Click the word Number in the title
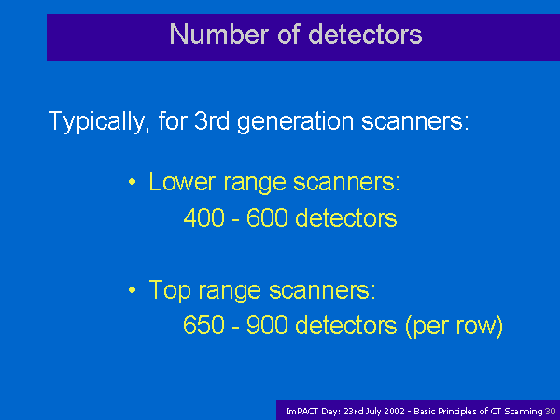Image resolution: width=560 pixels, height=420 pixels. pos(218,35)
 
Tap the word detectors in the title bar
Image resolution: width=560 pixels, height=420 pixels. pos(365,35)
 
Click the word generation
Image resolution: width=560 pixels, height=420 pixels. pos(295,122)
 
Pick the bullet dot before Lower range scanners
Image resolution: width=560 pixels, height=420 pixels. pos(133,182)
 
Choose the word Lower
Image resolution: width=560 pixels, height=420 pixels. pos(182,181)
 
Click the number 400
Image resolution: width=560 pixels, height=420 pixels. pos(203,217)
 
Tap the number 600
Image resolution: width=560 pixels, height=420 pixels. pos(267,217)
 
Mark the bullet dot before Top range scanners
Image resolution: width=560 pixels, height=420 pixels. pos(133,290)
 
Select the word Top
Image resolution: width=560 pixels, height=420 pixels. pos(170,290)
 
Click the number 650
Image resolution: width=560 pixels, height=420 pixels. pos(203,325)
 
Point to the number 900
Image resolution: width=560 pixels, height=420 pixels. pos(267,325)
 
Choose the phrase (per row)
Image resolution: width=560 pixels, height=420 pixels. pos(455,327)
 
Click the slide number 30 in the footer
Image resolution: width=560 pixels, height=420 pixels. pos(550,412)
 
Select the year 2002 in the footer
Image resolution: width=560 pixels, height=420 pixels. pos(395,412)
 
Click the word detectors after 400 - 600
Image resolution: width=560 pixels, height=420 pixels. pos(346,217)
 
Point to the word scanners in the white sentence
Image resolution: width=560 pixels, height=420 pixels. pos(415,121)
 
